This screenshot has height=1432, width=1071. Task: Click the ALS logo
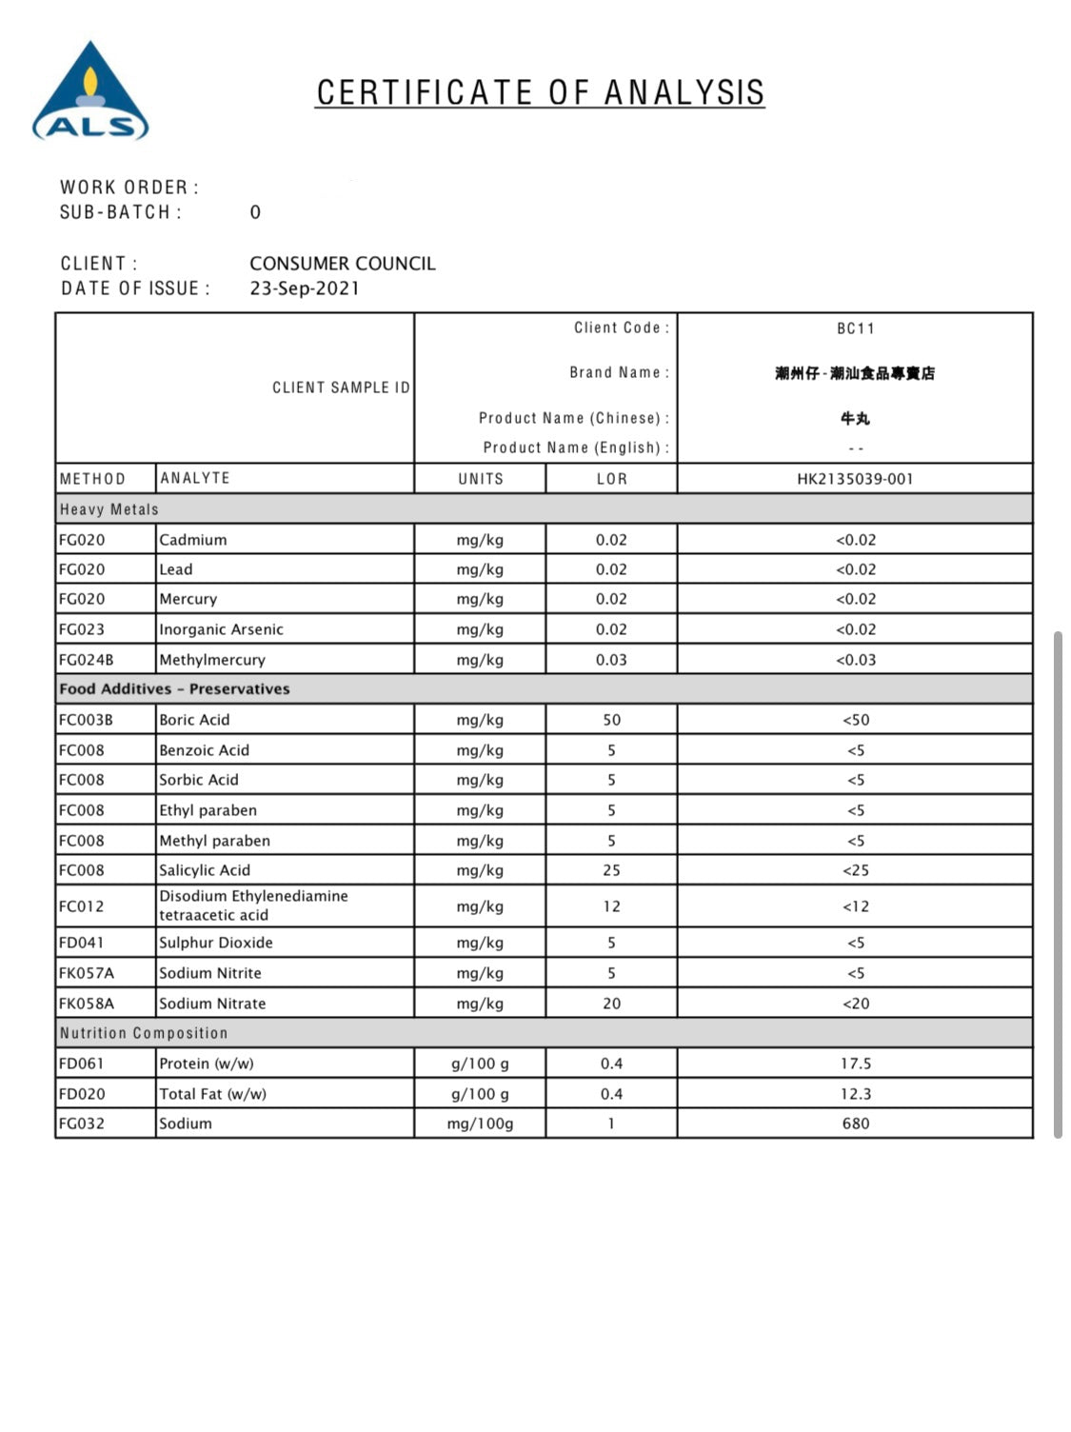tap(90, 93)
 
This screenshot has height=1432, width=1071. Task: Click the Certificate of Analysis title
tap(540, 92)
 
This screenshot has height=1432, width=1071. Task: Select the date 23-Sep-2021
tap(305, 288)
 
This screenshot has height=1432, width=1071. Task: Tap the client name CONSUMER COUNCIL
tap(343, 264)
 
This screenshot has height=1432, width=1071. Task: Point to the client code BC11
tap(855, 328)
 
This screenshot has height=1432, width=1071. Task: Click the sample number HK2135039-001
tap(855, 479)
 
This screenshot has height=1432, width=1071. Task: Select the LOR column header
tap(611, 479)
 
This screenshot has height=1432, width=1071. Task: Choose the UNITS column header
tap(481, 479)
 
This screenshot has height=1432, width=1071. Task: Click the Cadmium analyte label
tap(193, 540)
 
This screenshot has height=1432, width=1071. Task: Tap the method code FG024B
tap(86, 660)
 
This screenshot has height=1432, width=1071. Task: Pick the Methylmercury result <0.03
tap(855, 660)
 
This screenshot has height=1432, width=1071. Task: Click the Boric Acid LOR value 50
tap(611, 720)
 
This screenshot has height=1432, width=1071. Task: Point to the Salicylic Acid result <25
tap(855, 870)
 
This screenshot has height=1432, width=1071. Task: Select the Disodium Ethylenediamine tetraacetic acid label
tap(253, 905)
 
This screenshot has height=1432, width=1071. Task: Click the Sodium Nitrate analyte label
tap(212, 1004)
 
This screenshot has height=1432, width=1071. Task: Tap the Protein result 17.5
tap(855, 1064)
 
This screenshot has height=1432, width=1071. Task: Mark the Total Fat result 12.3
tap(855, 1094)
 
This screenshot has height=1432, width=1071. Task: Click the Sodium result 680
tap(855, 1124)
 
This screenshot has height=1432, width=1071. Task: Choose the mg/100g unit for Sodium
tap(480, 1124)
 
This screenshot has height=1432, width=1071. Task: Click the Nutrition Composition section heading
tap(144, 1033)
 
